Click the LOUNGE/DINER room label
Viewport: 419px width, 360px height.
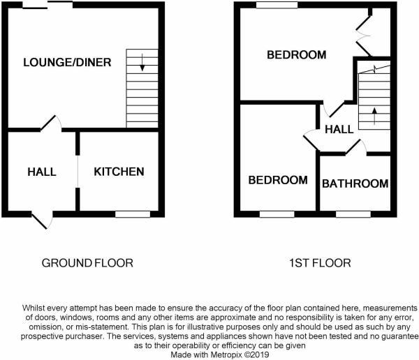pyautogui.click(x=66, y=63)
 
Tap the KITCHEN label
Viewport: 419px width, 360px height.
pyautogui.click(x=119, y=172)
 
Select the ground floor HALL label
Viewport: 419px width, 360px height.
pyautogui.click(x=42, y=172)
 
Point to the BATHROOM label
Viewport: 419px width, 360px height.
pyautogui.click(x=355, y=183)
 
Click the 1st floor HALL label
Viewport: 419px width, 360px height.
pyautogui.click(x=339, y=129)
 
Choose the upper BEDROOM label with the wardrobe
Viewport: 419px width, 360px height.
pyautogui.click(x=296, y=55)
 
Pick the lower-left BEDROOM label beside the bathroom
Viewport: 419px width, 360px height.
pyautogui.click(x=278, y=180)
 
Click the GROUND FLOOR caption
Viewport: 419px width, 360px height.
pyautogui.click(x=87, y=263)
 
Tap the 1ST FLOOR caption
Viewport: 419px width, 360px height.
pyautogui.click(x=321, y=263)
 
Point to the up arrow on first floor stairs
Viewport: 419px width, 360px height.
pyautogui.click(x=374, y=114)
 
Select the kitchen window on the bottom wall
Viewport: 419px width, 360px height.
pyautogui.click(x=133, y=213)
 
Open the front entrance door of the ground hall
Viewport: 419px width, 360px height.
pyautogui.click(x=42, y=220)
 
